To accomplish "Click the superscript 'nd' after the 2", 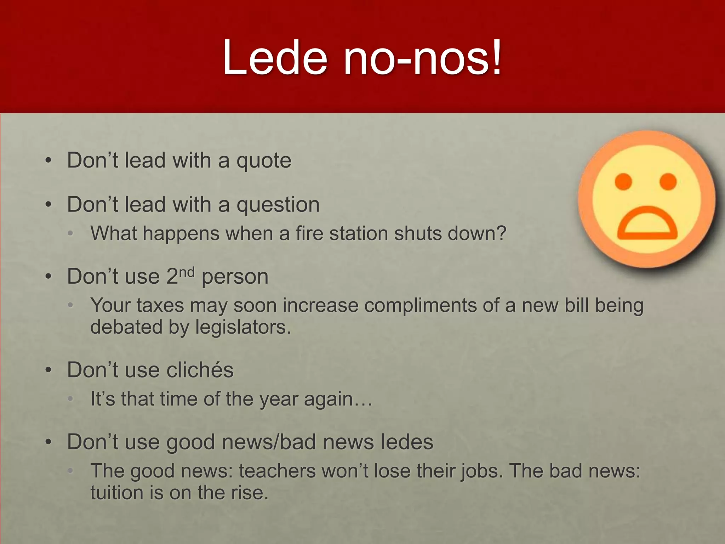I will coord(187,273).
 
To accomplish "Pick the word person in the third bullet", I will coord(235,277).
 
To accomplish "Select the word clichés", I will coord(200,370).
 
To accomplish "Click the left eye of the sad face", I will coord(623,181).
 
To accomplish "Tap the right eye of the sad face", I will coord(668,181).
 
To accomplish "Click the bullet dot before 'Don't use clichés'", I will coord(48,370).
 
